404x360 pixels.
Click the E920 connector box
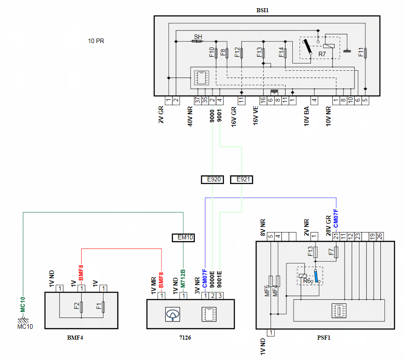pos(212,180)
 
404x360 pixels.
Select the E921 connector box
pos(241,180)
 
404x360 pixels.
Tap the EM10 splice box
pos(183,238)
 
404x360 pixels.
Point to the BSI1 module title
pos(262,10)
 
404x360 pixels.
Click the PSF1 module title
pos(324,338)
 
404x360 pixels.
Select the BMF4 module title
pos(75,338)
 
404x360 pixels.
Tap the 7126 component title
pos(185,338)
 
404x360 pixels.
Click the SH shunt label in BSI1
pos(198,37)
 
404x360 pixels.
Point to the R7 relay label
pos(322,54)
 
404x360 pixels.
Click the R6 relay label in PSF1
pos(306,281)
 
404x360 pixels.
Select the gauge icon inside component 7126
pos(172,314)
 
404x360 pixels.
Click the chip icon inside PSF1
pos(339,311)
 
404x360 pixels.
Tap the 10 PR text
pos(96,41)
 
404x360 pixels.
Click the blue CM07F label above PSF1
pos(336,219)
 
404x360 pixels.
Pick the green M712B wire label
pos(183,278)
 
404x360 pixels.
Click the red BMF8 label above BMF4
pos(81,273)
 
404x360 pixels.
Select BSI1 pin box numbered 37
pos(197,100)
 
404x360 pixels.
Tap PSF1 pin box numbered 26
pos(379,237)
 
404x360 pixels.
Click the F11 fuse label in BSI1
pos(361,52)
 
